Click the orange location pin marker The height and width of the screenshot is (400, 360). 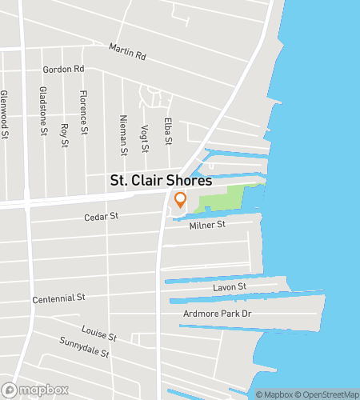click(180, 200)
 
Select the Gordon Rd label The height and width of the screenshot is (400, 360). click(63, 70)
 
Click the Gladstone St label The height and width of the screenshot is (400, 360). click(43, 110)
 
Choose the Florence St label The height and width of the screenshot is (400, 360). click(83, 113)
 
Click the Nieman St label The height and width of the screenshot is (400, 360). click(124, 134)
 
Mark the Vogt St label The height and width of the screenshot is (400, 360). click(145, 138)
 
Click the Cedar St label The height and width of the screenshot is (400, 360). click(102, 216)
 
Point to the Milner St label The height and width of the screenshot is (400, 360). click(208, 225)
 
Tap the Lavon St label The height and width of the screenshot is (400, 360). click(230, 286)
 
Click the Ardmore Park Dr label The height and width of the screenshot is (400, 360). click(218, 313)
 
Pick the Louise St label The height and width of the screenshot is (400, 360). click(99, 334)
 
